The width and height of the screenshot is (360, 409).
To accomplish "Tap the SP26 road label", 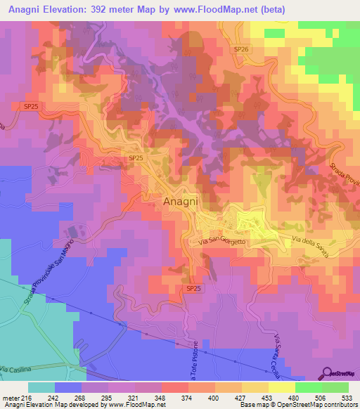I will click(241, 49).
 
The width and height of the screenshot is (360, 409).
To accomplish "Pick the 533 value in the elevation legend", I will click(345, 396).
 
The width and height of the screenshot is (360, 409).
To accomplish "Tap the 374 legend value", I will click(180, 396).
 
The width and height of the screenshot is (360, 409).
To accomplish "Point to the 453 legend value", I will click(262, 396).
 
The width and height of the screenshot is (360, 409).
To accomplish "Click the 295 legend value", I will click(98, 396).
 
